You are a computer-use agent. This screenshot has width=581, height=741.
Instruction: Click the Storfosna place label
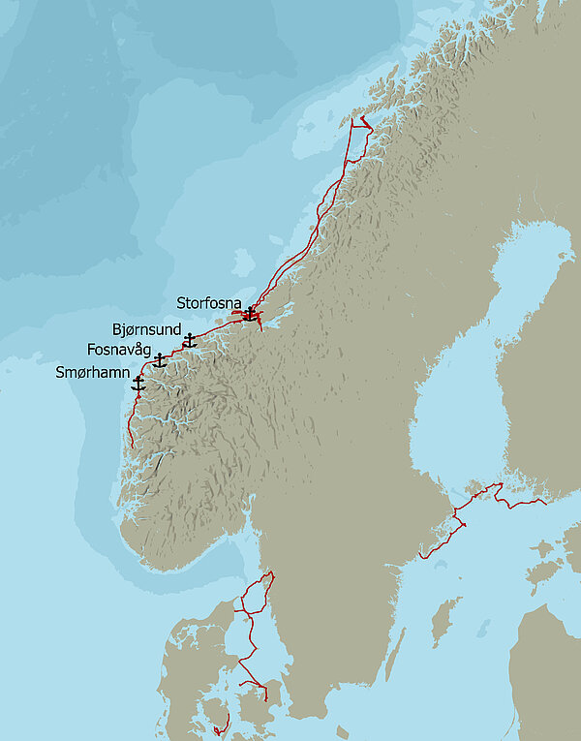209,303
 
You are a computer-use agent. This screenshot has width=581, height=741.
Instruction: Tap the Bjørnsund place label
146,330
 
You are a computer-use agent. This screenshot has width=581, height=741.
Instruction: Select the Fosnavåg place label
118,349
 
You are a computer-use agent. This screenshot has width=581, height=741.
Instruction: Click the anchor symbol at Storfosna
250,314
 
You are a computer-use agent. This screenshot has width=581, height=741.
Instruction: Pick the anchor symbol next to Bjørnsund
191,341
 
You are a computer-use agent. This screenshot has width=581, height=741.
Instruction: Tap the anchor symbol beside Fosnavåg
160,360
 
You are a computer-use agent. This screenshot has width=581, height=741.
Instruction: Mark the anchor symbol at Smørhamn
138,384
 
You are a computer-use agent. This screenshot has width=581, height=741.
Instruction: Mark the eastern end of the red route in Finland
546,503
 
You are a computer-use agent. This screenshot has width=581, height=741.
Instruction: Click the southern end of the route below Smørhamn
132,447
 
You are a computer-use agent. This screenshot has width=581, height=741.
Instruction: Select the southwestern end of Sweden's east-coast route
420,558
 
